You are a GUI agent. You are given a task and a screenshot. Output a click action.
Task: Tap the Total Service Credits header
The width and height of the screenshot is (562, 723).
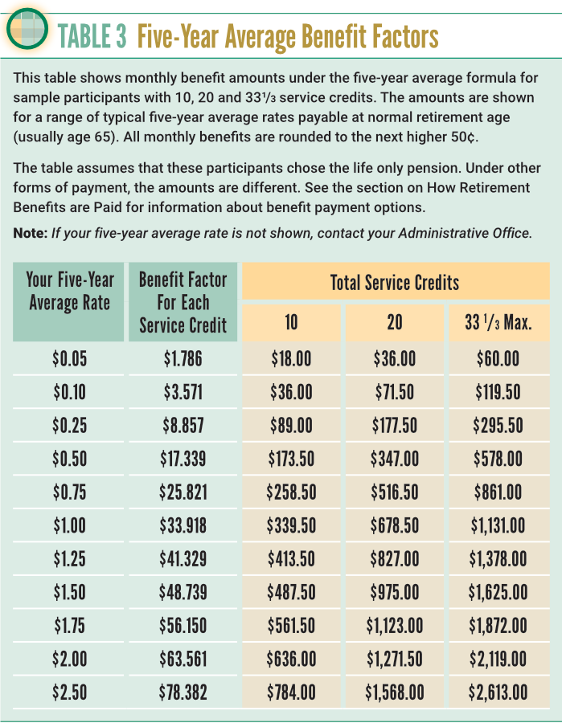click(395, 282)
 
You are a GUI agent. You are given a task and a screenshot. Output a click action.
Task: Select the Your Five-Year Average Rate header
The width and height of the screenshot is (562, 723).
click(70, 292)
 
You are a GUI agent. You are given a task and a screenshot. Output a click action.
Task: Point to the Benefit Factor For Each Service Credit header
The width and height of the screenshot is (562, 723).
click(183, 302)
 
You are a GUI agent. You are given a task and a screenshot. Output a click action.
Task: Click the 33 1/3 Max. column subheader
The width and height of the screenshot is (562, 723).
click(498, 324)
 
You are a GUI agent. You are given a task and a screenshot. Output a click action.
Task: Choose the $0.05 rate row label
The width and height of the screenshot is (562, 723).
click(70, 359)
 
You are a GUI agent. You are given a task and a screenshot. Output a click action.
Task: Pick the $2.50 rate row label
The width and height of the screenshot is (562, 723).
click(70, 692)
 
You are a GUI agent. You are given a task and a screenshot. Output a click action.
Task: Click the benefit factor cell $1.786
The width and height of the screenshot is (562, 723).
click(183, 359)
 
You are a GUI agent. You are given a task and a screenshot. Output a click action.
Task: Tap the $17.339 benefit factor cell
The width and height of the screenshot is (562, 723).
click(183, 459)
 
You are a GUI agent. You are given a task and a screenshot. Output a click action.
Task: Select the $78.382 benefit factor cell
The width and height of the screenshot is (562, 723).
click(183, 692)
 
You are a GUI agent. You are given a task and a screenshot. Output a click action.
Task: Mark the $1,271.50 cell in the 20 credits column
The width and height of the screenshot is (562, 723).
click(396, 660)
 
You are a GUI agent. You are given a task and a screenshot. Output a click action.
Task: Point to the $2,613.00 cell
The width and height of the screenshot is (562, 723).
click(498, 692)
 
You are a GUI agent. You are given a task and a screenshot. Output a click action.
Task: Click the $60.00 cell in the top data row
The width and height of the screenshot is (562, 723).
click(498, 359)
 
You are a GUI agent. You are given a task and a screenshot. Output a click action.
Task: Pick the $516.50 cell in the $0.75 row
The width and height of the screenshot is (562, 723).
click(396, 492)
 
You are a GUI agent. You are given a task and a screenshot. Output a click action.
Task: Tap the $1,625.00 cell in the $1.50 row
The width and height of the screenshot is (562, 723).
click(498, 593)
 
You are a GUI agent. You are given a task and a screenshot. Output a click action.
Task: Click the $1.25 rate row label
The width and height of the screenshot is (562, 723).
click(70, 559)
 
